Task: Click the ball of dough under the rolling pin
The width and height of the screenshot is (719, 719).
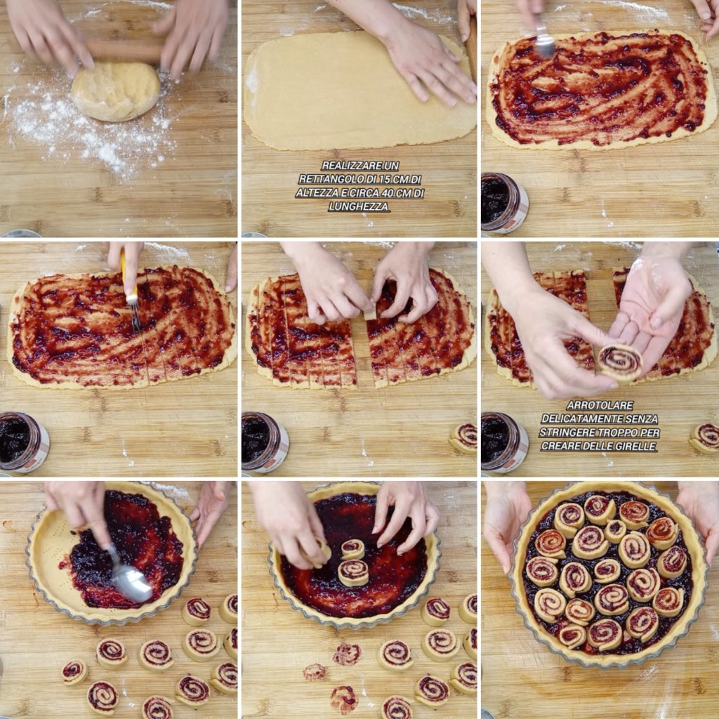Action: click(116, 91)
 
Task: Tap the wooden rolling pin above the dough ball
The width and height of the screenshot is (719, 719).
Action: click(124, 51)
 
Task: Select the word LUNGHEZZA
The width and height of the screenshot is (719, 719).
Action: click(359, 207)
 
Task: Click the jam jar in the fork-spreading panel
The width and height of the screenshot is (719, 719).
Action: click(503, 202)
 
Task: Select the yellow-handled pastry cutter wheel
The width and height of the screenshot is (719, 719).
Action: click(131, 289)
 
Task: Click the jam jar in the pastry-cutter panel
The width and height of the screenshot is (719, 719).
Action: click(23, 442)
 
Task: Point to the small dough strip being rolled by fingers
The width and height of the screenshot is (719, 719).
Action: click(369, 314)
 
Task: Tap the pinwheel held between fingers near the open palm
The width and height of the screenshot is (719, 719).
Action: click(620, 362)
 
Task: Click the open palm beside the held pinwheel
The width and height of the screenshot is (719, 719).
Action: click(651, 312)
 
